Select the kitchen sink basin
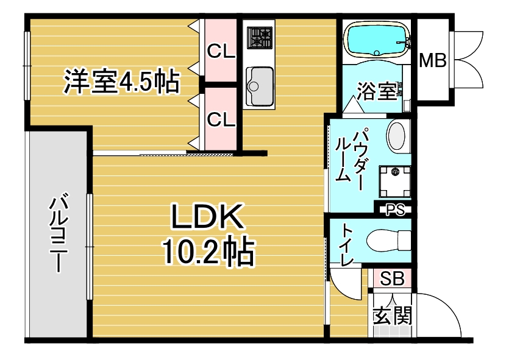[x=260, y=86]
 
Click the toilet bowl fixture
[x=389, y=241]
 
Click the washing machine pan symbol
[x=394, y=182]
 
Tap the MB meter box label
[x=433, y=60]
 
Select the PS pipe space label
[x=395, y=210]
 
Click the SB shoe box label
[x=392, y=278]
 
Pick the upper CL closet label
[x=221, y=51]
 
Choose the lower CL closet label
[x=221, y=119]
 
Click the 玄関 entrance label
[x=393, y=315]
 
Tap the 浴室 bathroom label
[x=377, y=91]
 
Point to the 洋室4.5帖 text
[x=121, y=81]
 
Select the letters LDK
[x=207, y=216]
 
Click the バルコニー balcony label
[x=59, y=232]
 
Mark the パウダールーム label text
[x=351, y=159]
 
